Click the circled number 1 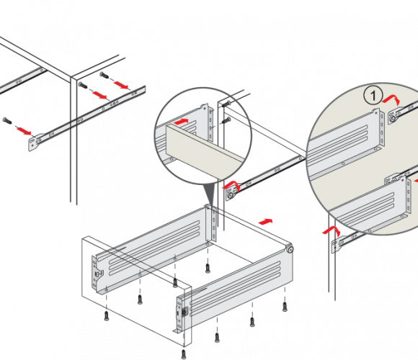pyautogui.click(x=373, y=96)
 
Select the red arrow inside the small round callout pyautogui.click(x=181, y=122)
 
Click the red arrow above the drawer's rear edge pyautogui.click(x=265, y=222)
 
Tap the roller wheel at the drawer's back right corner pyautogui.click(x=290, y=250)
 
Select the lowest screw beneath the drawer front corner pyautogui.click(x=184, y=354)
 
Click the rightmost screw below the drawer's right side pyautogui.click(x=285, y=306)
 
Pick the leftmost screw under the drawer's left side pyautogui.click(x=107, y=316)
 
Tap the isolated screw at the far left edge pyautogui.click(x=7, y=121)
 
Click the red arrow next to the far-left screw pyautogui.click(x=24, y=131)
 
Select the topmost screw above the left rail pyautogui.click(x=104, y=75)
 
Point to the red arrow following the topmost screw pyautogui.click(x=121, y=85)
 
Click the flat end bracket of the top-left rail pyautogui.click(x=33, y=143)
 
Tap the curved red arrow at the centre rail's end pyautogui.click(x=231, y=185)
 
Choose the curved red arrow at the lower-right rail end pyautogui.click(x=332, y=230)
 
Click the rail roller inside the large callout pyautogui.click(x=392, y=119)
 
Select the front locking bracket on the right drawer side pyautogui.click(x=182, y=314)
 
